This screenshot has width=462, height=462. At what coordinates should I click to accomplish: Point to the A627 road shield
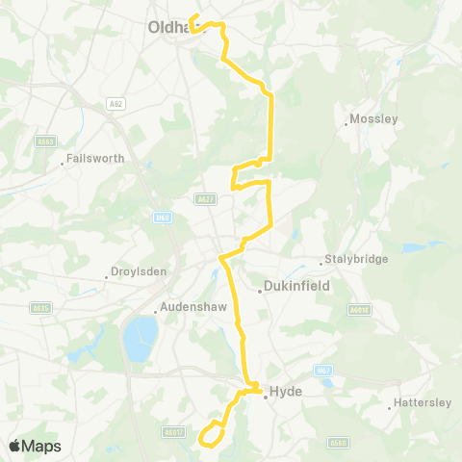(205, 199)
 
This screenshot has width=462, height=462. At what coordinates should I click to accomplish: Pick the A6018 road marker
(359, 309)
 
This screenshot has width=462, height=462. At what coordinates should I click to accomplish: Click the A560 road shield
(336, 443)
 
